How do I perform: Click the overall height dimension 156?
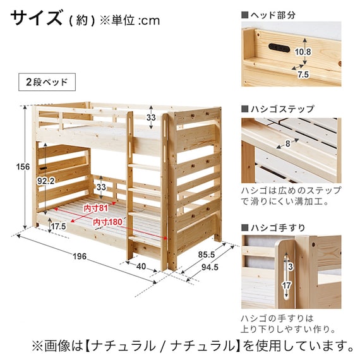[x=23, y=167]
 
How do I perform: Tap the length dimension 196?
[x=80, y=256]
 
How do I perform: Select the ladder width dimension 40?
[x=141, y=267]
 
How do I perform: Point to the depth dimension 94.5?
[x=210, y=267]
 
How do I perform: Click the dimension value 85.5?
[x=207, y=255]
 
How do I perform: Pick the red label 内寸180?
[x=107, y=222]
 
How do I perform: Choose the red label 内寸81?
[x=95, y=208]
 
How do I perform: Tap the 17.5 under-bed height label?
[x=59, y=226]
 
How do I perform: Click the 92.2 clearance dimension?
[x=46, y=181]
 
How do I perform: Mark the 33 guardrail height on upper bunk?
[x=151, y=117]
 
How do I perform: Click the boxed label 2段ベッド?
[x=47, y=82]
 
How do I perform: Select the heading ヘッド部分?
[x=273, y=15]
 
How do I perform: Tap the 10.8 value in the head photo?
[x=303, y=52]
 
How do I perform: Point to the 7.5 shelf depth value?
[x=303, y=75]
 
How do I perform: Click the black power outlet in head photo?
[x=279, y=48]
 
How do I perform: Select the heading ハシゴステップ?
[x=282, y=109]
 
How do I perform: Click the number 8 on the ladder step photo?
[x=287, y=144]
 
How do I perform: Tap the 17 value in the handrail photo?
[x=287, y=286]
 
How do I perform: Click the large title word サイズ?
[x=36, y=18]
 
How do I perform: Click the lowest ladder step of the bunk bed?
[x=145, y=239]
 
